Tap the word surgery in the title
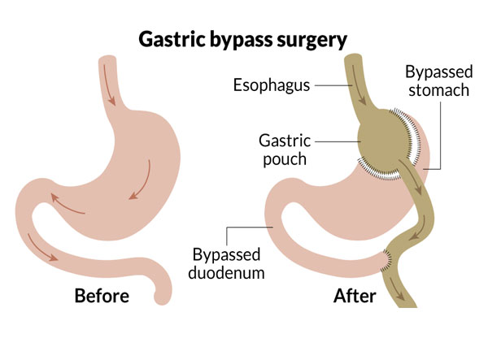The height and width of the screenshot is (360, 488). pos(312,37)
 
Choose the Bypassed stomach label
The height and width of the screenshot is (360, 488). pos(437,80)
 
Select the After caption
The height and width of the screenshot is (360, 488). pos(355,297)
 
